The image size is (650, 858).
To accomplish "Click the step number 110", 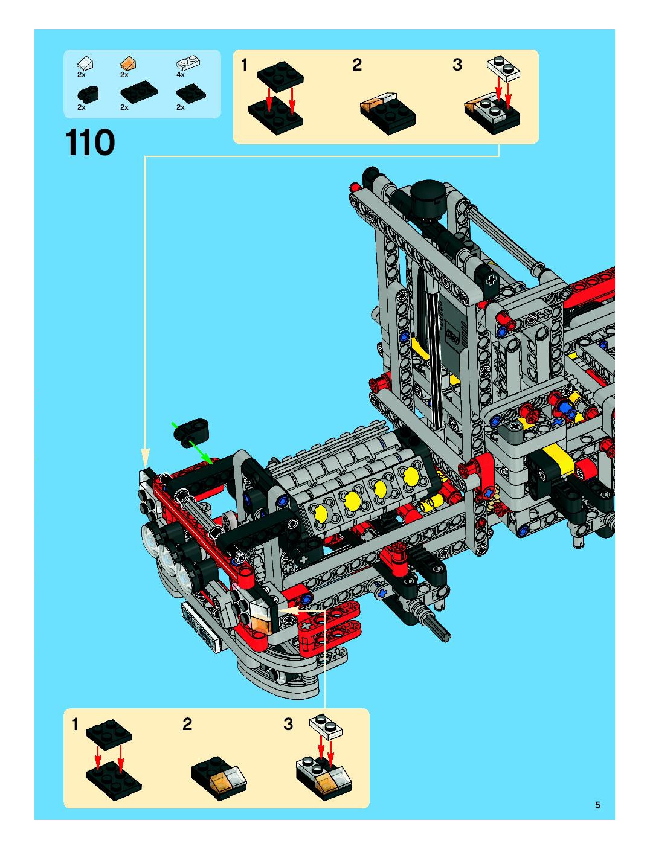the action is [x=90, y=143].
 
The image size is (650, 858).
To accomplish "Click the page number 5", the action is [x=597, y=805].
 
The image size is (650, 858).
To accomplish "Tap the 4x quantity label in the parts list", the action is [x=180, y=75].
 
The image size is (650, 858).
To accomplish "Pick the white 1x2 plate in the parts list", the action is [x=188, y=62].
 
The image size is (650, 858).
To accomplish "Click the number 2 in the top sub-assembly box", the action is [x=357, y=65].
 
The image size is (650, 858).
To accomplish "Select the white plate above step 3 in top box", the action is [x=503, y=68].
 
